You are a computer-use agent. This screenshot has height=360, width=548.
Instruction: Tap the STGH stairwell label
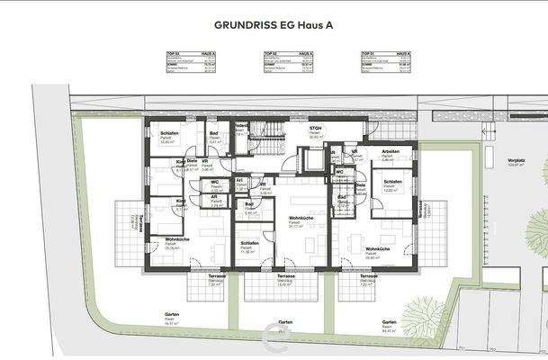315,129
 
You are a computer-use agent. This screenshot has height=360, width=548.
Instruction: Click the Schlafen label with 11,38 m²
249,244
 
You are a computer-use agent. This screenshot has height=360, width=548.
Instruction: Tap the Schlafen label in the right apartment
391,182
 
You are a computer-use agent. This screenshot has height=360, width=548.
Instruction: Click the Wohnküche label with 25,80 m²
377,249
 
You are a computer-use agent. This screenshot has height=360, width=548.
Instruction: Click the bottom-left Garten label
171,315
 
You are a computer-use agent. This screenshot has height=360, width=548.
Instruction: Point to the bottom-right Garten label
389,322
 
